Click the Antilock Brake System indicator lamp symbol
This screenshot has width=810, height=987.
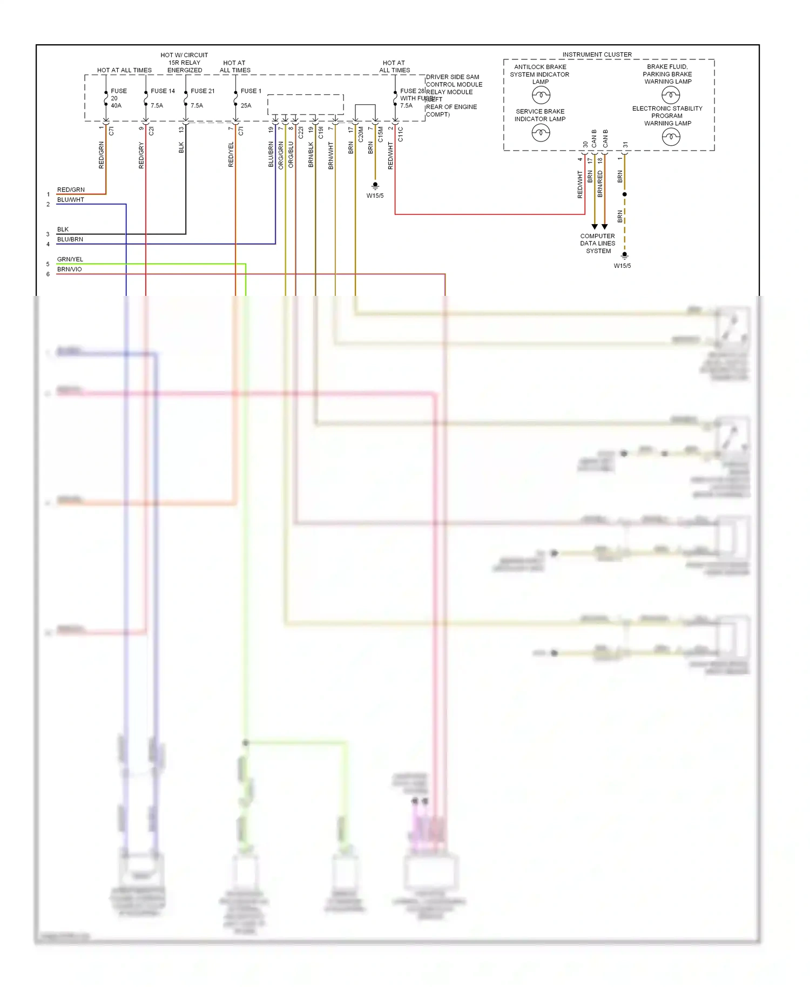pyautogui.click(x=541, y=96)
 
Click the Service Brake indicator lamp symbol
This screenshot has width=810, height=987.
pyautogui.click(x=541, y=132)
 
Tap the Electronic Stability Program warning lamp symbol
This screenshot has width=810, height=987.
pyautogui.click(x=671, y=137)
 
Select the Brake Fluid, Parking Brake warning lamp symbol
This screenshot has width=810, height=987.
pyautogui.click(x=671, y=96)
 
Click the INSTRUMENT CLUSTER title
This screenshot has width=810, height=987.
pyautogui.click(x=597, y=55)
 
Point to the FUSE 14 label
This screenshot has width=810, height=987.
pyautogui.click(x=163, y=91)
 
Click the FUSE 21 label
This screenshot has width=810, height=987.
pyautogui.click(x=202, y=91)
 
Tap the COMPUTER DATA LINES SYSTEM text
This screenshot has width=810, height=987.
pyautogui.click(x=598, y=244)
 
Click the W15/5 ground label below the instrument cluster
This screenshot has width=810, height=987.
pyautogui.click(x=622, y=266)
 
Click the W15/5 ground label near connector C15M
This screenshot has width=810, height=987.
pyautogui.click(x=375, y=195)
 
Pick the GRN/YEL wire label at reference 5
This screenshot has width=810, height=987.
pyautogui.click(x=70, y=259)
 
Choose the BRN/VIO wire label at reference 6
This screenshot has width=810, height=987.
pyautogui.click(x=70, y=269)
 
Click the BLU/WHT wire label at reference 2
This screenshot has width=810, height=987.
pyautogui.click(x=71, y=200)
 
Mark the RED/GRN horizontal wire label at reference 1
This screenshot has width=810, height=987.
pyautogui.click(x=71, y=190)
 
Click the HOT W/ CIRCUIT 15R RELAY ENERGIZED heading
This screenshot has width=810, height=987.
pyautogui.click(x=184, y=63)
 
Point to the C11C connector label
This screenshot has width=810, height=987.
pyautogui.click(x=401, y=134)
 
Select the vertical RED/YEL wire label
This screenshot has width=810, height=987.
pyautogui.click(x=231, y=154)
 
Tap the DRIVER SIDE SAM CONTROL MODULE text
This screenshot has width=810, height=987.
pyautogui.click(x=454, y=80)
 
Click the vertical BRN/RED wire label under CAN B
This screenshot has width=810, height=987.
pyautogui.click(x=600, y=183)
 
